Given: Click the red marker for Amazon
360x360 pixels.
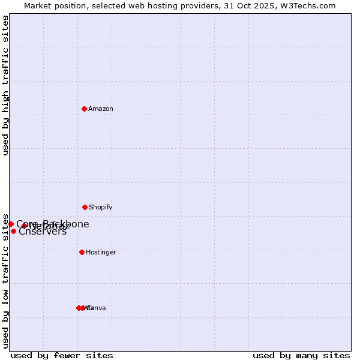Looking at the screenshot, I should point(84,109).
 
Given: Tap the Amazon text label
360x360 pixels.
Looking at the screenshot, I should point(101,109).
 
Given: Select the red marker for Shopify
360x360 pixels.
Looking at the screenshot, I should point(85,207).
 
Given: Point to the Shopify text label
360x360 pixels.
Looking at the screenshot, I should point(101,208).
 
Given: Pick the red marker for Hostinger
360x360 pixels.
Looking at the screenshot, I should point(82,252).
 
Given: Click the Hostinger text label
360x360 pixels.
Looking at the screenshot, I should point(101,253).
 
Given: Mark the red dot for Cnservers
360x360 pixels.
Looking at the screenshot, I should point(13,231).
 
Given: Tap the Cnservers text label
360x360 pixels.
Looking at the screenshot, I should point(43,232).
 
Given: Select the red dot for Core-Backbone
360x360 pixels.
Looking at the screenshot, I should point(11,224).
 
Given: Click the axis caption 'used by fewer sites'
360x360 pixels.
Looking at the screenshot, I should point(62,355).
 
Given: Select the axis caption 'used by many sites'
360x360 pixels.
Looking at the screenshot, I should point(301,355).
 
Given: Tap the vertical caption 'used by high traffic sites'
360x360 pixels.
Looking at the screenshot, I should point(5,86).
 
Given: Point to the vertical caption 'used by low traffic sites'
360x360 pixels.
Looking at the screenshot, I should point(5,281).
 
